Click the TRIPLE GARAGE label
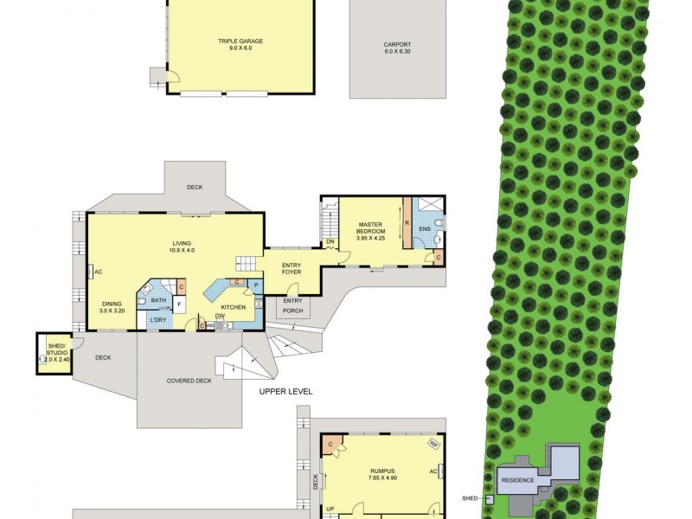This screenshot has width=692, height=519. click(240, 41)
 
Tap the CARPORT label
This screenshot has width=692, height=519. click(397, 44)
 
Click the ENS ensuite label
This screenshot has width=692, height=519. click(424, 229)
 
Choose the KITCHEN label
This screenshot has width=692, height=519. click(234, 307)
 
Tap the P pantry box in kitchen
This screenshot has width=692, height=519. click(256, 285)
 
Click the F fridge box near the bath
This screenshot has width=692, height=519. click(179, 305)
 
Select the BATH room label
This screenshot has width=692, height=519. click(158, 300)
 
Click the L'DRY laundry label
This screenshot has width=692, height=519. click(157, 321)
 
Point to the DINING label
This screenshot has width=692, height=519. click(112, 304)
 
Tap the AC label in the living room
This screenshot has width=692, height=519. click(98, 272)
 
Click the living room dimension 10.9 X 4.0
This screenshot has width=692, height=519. click(182, 251)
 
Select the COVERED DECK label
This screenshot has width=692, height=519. click(189, 381)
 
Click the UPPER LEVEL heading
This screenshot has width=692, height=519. click(285, 392)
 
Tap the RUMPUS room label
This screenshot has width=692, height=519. click(381, 471)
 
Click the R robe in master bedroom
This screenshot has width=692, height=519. click(407, 222)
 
